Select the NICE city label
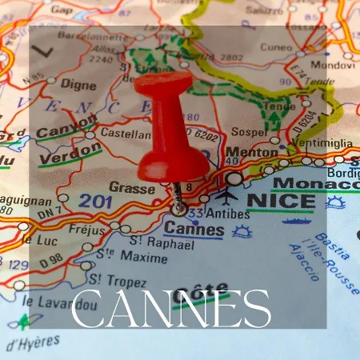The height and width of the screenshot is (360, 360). tap(279, 200)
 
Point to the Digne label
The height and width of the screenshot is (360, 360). tap(78, 84)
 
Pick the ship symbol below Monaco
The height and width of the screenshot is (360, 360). tap(297, 219)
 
